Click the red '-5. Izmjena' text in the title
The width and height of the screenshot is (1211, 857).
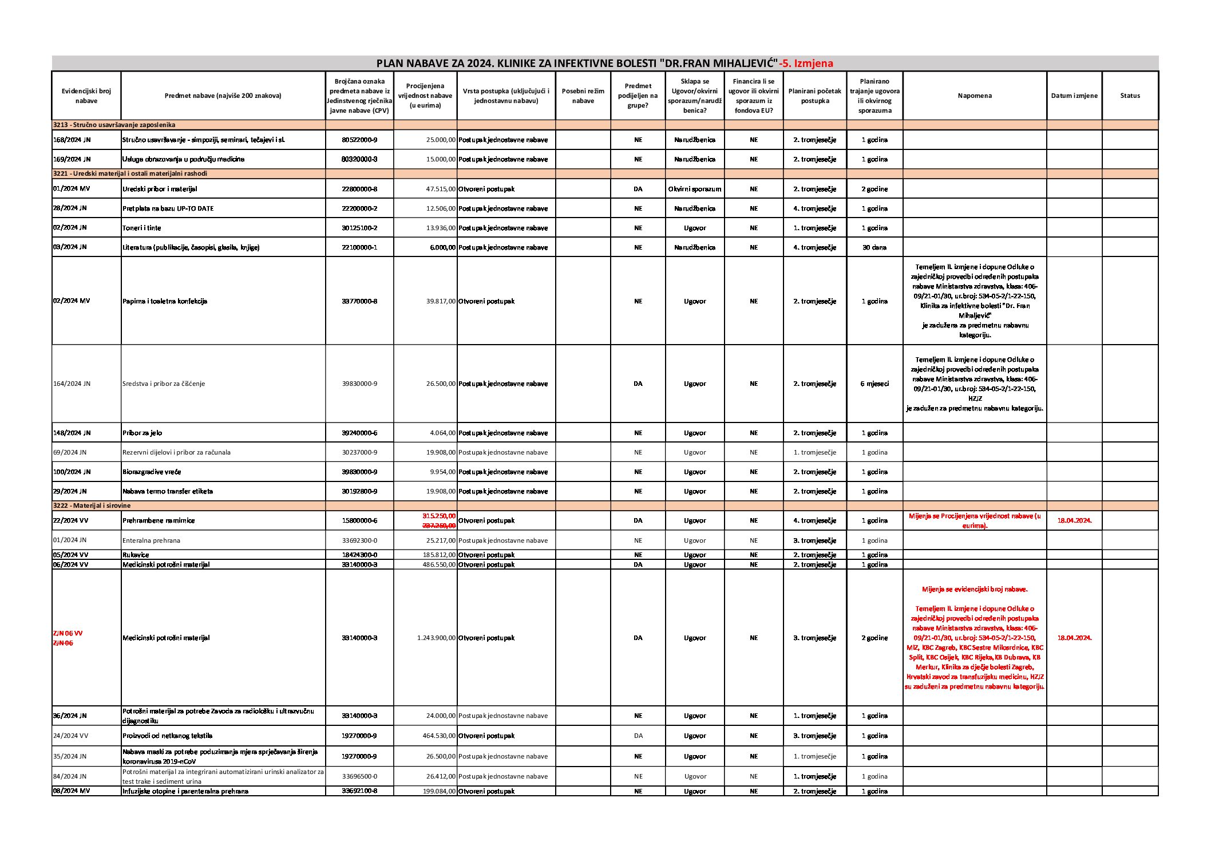[x=806, y=64]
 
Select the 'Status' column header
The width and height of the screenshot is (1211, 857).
[x=1130, y=96]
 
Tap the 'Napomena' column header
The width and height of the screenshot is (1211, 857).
[x=974, y=96]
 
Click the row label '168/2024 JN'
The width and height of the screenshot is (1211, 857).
[x=72, y=140]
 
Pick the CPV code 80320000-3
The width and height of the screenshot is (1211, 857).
[x=359, y=159]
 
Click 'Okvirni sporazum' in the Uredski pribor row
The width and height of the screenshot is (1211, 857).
[x=694, y=189]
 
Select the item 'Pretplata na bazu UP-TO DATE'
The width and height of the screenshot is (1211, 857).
[x=168, y=208]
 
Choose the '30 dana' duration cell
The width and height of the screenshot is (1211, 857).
[x=874, y=247]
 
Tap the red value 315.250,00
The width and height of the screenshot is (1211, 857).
[x=439, y=516]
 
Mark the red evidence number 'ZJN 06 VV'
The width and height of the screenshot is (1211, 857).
[x=68, y=633]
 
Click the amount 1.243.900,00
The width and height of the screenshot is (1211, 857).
[x=436, y=638]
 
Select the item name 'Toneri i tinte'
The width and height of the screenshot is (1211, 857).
[x=141, y=228]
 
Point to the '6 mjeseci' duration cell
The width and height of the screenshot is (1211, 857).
[x=874, y=384]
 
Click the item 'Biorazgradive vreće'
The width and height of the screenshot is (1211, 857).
[x=152, y=472]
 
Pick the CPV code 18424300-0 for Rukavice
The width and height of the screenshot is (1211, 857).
[x=359, y=555]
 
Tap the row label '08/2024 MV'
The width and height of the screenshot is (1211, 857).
[x=72, y=791]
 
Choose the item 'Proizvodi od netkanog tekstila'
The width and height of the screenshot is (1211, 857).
[x=167, y=736]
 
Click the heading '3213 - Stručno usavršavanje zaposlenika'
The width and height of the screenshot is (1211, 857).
[x=114, y=125]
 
